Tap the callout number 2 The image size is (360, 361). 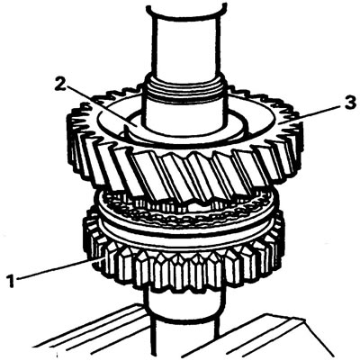coord(59,84)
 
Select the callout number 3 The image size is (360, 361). coord(350,103)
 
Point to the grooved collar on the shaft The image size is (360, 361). coord(184,88)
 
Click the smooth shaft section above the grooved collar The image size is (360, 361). coord(184,45)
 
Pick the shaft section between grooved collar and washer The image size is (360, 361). coord(184,115)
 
